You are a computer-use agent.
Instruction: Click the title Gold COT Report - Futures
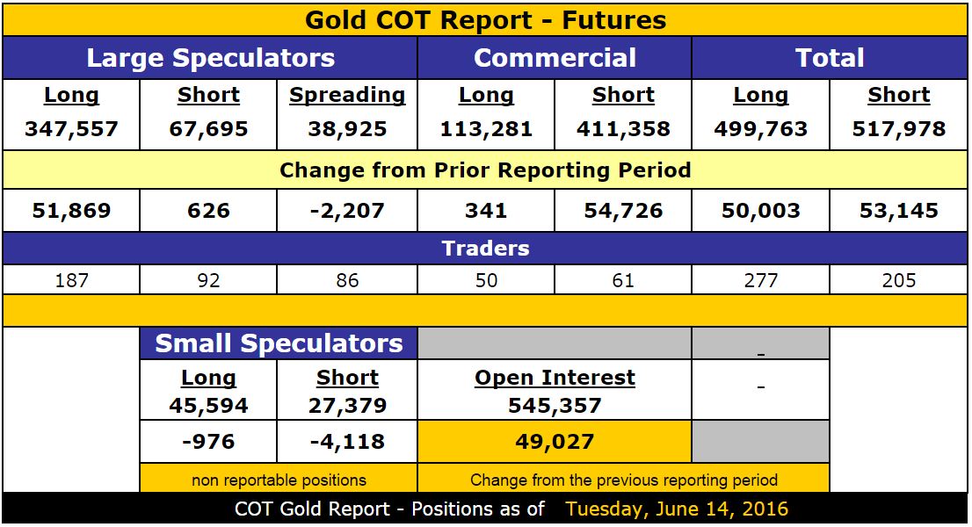point(485,19)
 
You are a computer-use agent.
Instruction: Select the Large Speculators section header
point(210,58)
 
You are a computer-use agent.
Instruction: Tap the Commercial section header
point(555,58)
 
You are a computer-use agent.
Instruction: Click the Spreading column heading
point(347,95)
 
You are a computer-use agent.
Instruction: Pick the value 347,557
point(71,129)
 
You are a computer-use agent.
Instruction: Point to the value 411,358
point(623,129)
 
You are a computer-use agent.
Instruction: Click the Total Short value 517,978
point(898,129)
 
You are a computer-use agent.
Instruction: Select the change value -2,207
point(347,211)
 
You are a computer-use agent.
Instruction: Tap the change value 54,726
point(623,211)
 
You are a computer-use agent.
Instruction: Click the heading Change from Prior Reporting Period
point(485,170)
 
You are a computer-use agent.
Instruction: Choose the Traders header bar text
point(485,248)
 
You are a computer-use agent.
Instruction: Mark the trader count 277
point(760,280)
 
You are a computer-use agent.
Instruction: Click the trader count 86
point(347,280)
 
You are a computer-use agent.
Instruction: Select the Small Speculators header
point(279,343)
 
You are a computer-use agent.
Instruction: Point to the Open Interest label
point(555,378)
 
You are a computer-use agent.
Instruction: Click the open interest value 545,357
point(555,405)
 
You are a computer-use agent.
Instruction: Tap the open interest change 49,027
point(555,441)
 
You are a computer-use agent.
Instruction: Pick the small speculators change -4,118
point(347,441)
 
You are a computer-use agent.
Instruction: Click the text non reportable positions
point(279,480)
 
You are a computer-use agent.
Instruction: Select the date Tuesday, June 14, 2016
point(677,509)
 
